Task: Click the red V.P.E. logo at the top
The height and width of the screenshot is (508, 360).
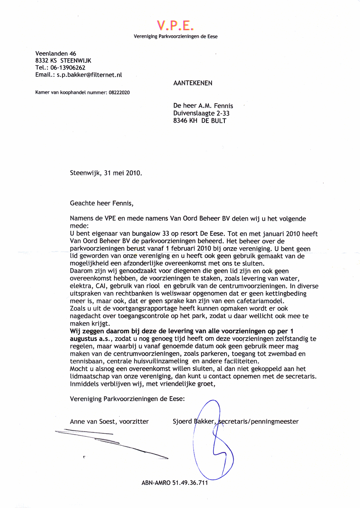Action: [176, 25]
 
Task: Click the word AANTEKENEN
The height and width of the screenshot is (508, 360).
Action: [193, 83]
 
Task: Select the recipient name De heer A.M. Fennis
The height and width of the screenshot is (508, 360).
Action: [203, 106]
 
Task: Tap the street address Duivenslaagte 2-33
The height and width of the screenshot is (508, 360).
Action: [201, 113]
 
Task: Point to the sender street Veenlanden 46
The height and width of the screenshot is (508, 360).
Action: [56, 53]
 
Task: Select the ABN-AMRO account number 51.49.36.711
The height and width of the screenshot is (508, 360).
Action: [190, 482]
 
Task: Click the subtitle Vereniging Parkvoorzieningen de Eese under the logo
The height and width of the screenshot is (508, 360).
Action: [176, 36]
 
